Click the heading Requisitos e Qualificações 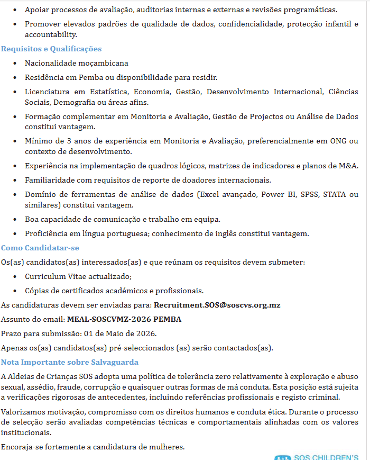click(x=51, y=49)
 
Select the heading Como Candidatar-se click(x=40, y=248)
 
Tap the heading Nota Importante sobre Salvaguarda click(x=70, y=362)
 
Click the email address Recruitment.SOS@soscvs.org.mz click(x=217, y=305)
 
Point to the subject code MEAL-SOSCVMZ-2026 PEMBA click(x=124, y=319)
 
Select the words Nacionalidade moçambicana click(x=77, y=63)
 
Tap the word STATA click(x=335, y=194)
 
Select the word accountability click(x=51, y=34)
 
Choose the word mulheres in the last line click(x=167, y=447)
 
